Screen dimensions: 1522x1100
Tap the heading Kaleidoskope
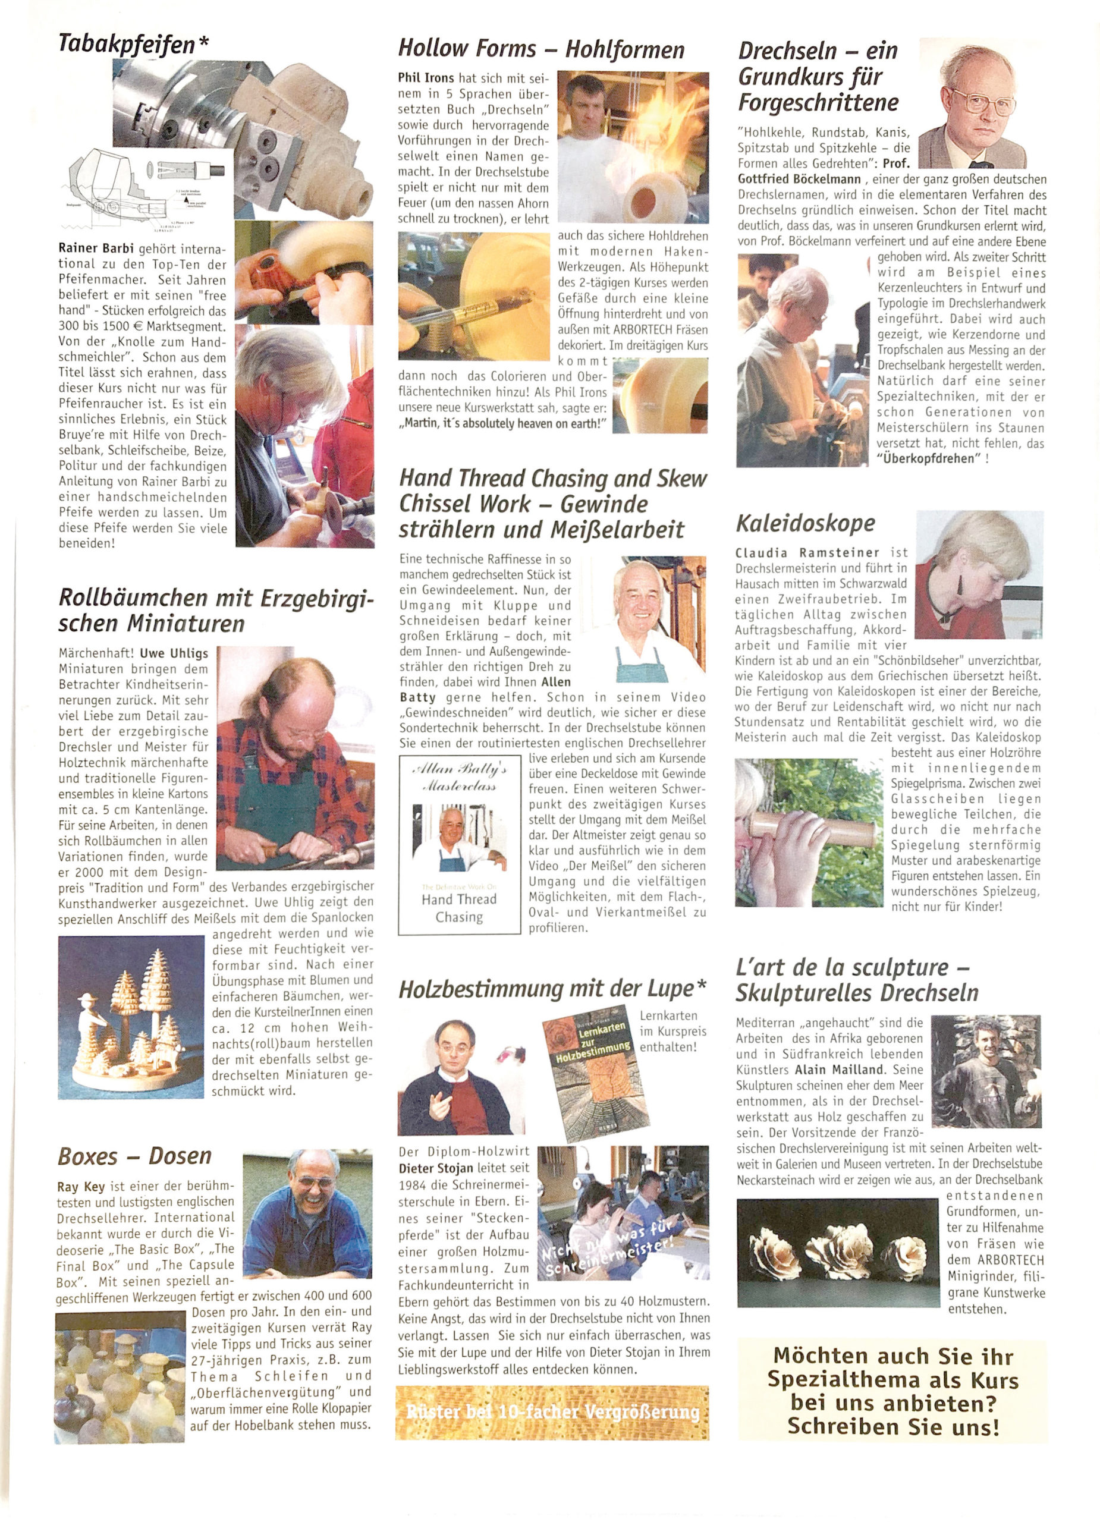coord(804,523)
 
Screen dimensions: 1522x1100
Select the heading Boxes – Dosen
coord(135,1156)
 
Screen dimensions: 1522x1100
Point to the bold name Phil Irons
coord(426,78)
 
